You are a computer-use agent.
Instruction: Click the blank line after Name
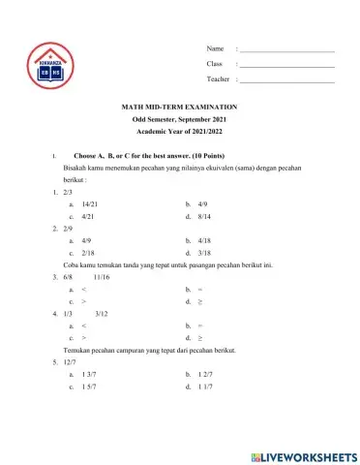click(286, 49)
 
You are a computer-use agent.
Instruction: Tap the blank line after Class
click(286, 64)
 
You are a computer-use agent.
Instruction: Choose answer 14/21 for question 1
click(90, 205)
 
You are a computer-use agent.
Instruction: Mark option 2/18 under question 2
click(88, 251)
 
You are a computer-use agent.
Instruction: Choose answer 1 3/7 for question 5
click(89, 373)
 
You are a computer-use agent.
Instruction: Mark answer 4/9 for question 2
click(87, 239)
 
